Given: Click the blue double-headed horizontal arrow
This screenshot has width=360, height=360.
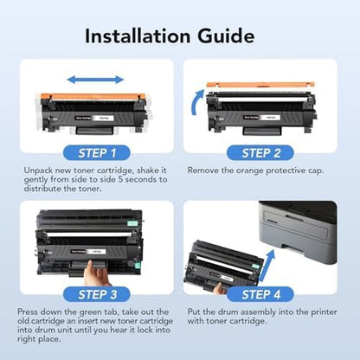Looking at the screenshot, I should (94, 80).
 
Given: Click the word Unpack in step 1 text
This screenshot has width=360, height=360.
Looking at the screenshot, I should (41, 172).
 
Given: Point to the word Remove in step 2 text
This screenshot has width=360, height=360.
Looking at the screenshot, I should (206, 172).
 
